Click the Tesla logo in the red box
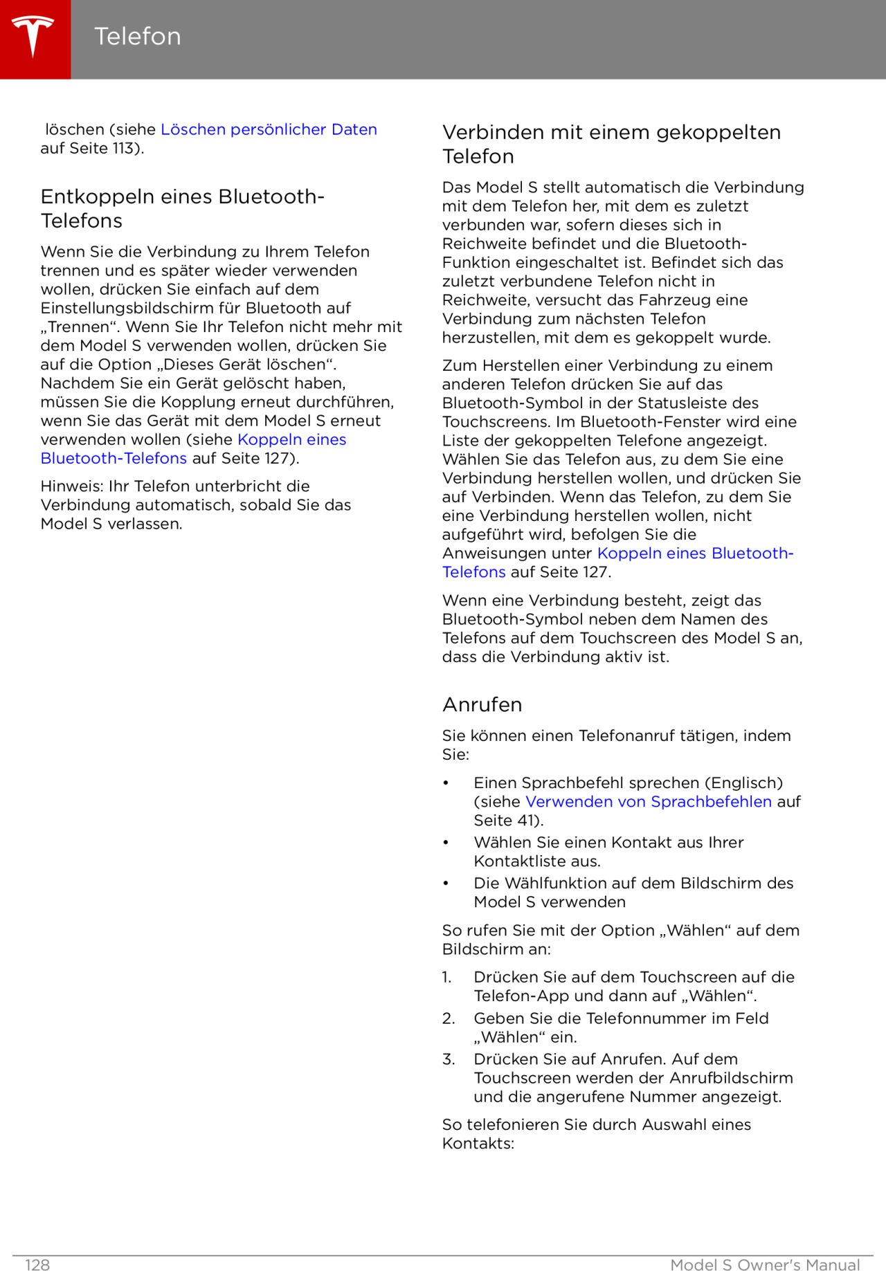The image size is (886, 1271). point(33,37)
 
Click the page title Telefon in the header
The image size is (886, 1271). point(137,37)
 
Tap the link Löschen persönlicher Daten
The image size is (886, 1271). point(269,129)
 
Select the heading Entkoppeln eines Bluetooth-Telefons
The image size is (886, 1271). point(182,208)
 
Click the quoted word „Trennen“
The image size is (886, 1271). point(80,327)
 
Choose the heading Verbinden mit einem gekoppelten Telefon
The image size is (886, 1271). point(611,144)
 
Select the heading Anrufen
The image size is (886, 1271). point(482,704)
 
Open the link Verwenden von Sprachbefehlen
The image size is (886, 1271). point(649,802)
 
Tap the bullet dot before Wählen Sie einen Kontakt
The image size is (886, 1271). point(446,843)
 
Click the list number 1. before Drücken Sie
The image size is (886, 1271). point(447,978)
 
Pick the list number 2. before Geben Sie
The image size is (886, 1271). point(449,1018)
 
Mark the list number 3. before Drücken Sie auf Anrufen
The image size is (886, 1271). point(449,1059)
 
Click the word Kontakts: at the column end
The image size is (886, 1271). point(478,1144)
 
